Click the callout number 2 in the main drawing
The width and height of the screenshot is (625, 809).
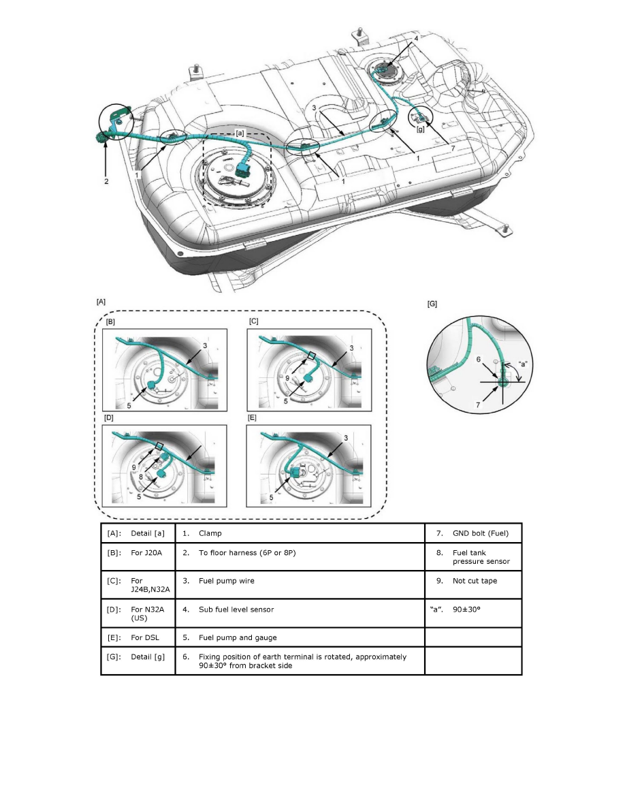(106, 182)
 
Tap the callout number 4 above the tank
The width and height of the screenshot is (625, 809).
(416, 40)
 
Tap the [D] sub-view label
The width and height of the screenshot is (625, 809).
(108, 416)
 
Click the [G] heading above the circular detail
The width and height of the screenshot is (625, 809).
(432, 304)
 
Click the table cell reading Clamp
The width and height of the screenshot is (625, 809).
(210, 533)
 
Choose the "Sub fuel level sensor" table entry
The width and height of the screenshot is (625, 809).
(236, 609)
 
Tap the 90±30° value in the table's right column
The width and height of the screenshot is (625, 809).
(466, 609)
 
